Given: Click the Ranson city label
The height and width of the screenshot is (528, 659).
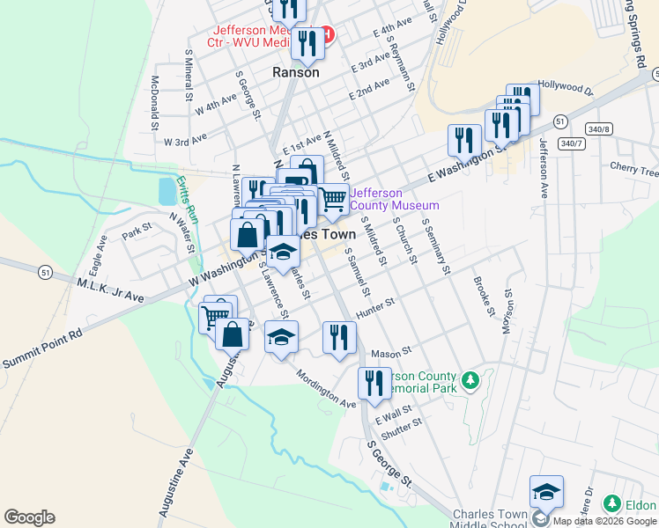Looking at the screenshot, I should [296, 73].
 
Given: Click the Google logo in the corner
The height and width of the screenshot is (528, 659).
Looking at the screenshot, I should [29, 517].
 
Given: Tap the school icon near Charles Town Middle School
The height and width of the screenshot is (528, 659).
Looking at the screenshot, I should [546, 494].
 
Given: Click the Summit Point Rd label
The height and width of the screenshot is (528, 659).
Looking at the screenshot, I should [41, 348].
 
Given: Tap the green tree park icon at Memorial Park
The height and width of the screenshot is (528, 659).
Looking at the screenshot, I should [471, 380].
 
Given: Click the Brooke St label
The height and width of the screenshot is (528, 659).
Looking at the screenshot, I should [483, 296].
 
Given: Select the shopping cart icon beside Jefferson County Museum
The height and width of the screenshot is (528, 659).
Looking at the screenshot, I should [332, 200].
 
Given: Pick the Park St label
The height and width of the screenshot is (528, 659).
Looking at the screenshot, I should [137, 233].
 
